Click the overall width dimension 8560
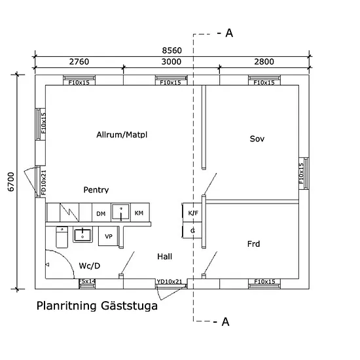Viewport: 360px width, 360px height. click(171, 50)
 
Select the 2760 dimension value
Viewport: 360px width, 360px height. click(79, 62)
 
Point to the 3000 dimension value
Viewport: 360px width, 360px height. click(171, 62)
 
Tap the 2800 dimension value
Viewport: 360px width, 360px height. click(264, 62)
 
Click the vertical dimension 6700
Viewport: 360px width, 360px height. click(10, 182)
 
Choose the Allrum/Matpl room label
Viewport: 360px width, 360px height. click(122, 135)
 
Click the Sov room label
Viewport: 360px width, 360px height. click(257, 139)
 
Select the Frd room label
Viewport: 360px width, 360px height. click(254, 244)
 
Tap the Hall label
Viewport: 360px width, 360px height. click(164, 257)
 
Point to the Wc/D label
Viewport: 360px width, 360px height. click(90, 266)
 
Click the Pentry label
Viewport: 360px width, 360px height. click(96, 190)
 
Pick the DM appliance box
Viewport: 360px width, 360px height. click(101, 212)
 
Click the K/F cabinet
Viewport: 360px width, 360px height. click(192, 212)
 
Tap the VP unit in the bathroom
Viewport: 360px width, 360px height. click(108, 236)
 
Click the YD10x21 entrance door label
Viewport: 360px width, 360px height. click(170, 281)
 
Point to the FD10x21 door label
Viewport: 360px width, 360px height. click(44, 183)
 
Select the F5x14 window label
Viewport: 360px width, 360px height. click(87, 281)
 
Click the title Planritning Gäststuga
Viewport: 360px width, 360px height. click(97, 306)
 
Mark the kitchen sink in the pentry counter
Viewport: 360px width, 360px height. click(121, 212)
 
